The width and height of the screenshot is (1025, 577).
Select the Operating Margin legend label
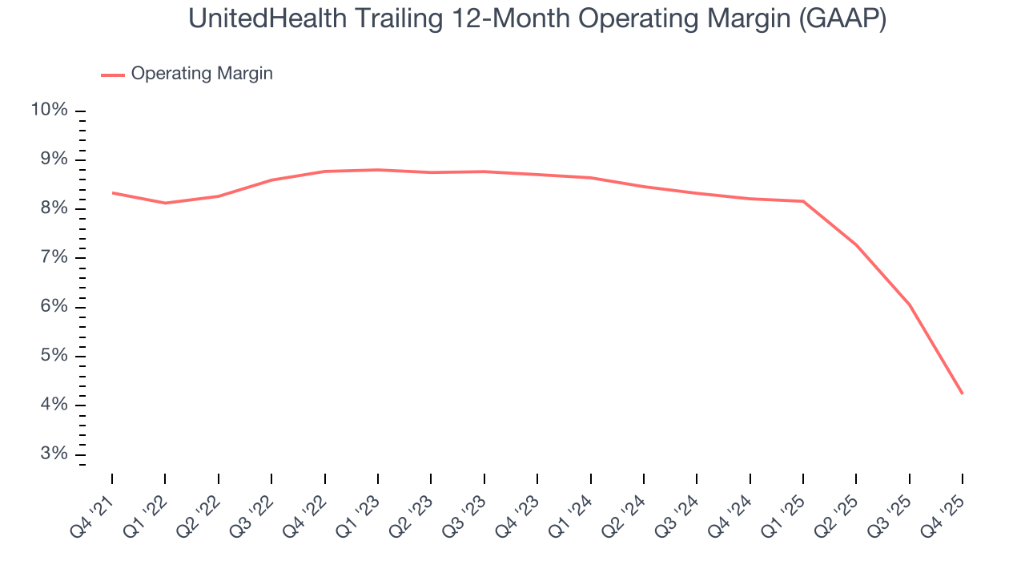pos(202,74)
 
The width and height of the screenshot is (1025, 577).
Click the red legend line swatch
pos(112,75)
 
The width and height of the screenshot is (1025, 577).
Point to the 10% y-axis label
pos(49,110)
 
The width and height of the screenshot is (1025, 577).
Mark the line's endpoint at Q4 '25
pos(962,393)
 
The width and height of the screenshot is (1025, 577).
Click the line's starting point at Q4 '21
pos(112,192)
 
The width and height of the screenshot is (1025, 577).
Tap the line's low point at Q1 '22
pos(165,203)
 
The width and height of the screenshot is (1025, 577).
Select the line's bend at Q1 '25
pos(803,201)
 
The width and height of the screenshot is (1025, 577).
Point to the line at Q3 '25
pos(909,305)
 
